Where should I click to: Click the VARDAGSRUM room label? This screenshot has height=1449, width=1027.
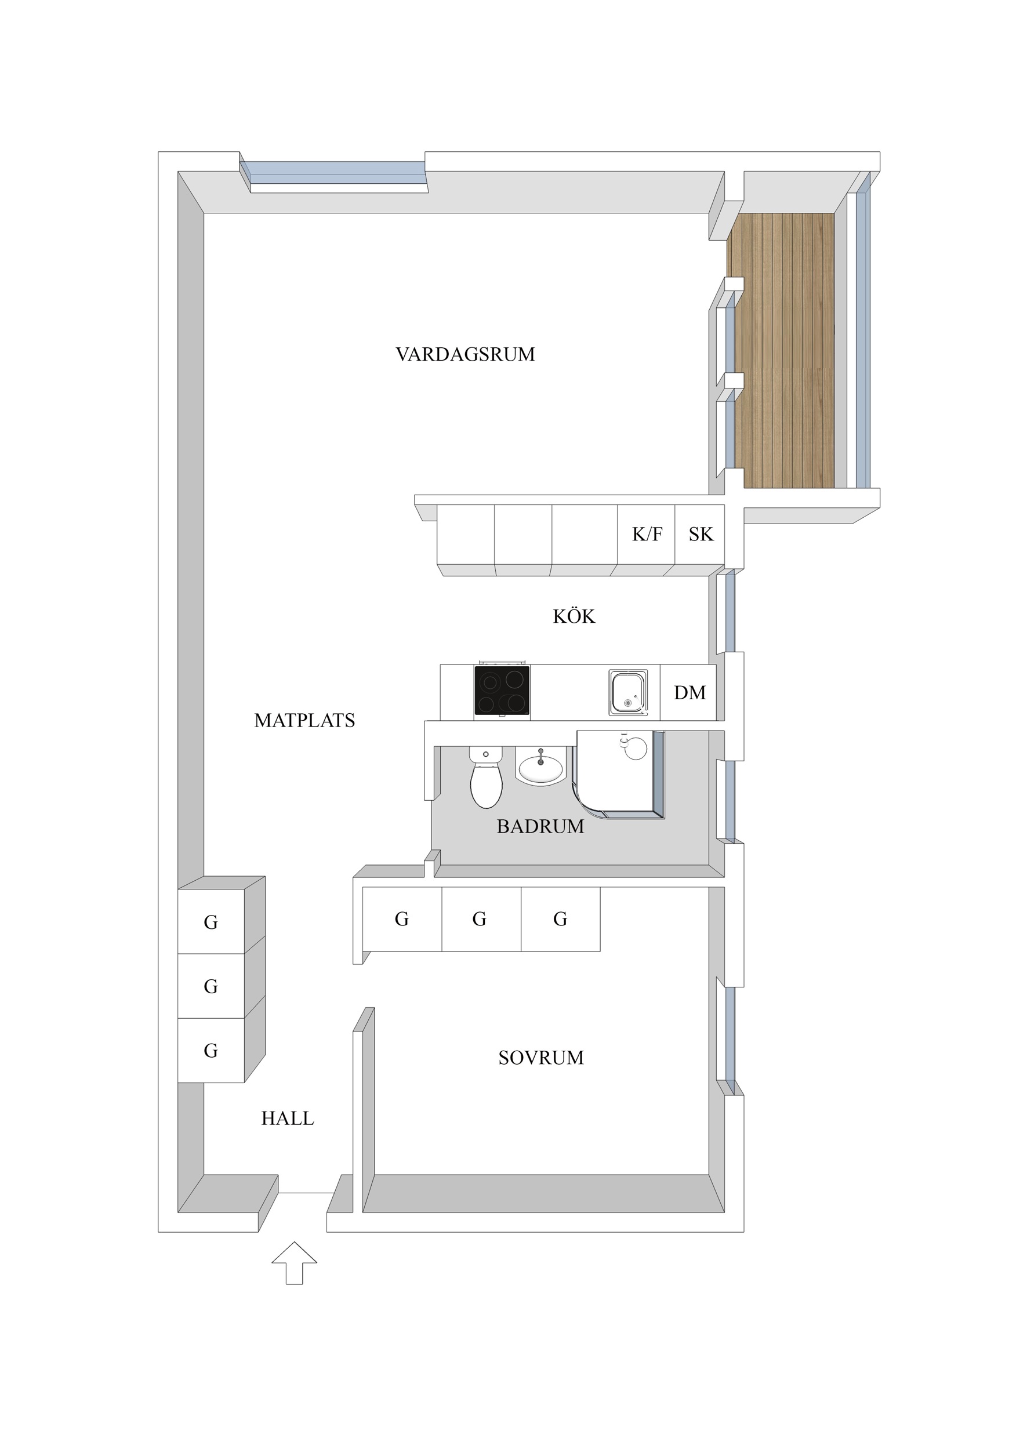coord(466,354)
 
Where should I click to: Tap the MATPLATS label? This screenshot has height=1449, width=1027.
coord(304,720)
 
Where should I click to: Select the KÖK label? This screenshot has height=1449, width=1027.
coord(574,616)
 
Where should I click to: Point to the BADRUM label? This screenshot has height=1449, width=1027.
coord(540,826)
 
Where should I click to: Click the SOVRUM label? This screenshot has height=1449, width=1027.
coord(540,1058)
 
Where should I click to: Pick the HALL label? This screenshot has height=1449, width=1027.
coord(288,1118)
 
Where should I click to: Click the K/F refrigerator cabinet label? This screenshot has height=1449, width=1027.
coord(647,534)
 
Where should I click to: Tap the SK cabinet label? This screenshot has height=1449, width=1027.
coord(701,534)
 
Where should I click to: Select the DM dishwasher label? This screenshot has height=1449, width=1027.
coord(690,692)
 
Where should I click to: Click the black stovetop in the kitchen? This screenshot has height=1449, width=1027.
coord(502,691)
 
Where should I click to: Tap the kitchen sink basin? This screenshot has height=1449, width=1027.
coord(628,692)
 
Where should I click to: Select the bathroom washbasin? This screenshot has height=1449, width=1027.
coord(540,766)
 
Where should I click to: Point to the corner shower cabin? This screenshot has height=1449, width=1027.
coord(620,775)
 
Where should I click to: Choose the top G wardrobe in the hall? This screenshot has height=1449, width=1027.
coord(211,923)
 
